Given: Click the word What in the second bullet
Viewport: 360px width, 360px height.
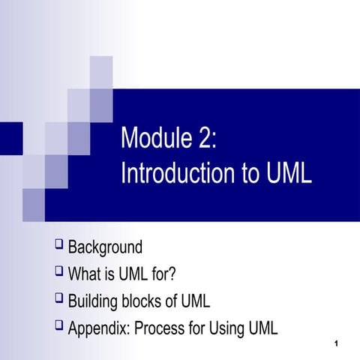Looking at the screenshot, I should point(85,274).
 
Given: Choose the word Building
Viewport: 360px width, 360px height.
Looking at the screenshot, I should point(95,301).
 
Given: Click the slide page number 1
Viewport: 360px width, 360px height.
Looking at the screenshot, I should point(340,344).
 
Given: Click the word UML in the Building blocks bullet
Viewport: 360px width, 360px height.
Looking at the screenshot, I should point(193,301).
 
